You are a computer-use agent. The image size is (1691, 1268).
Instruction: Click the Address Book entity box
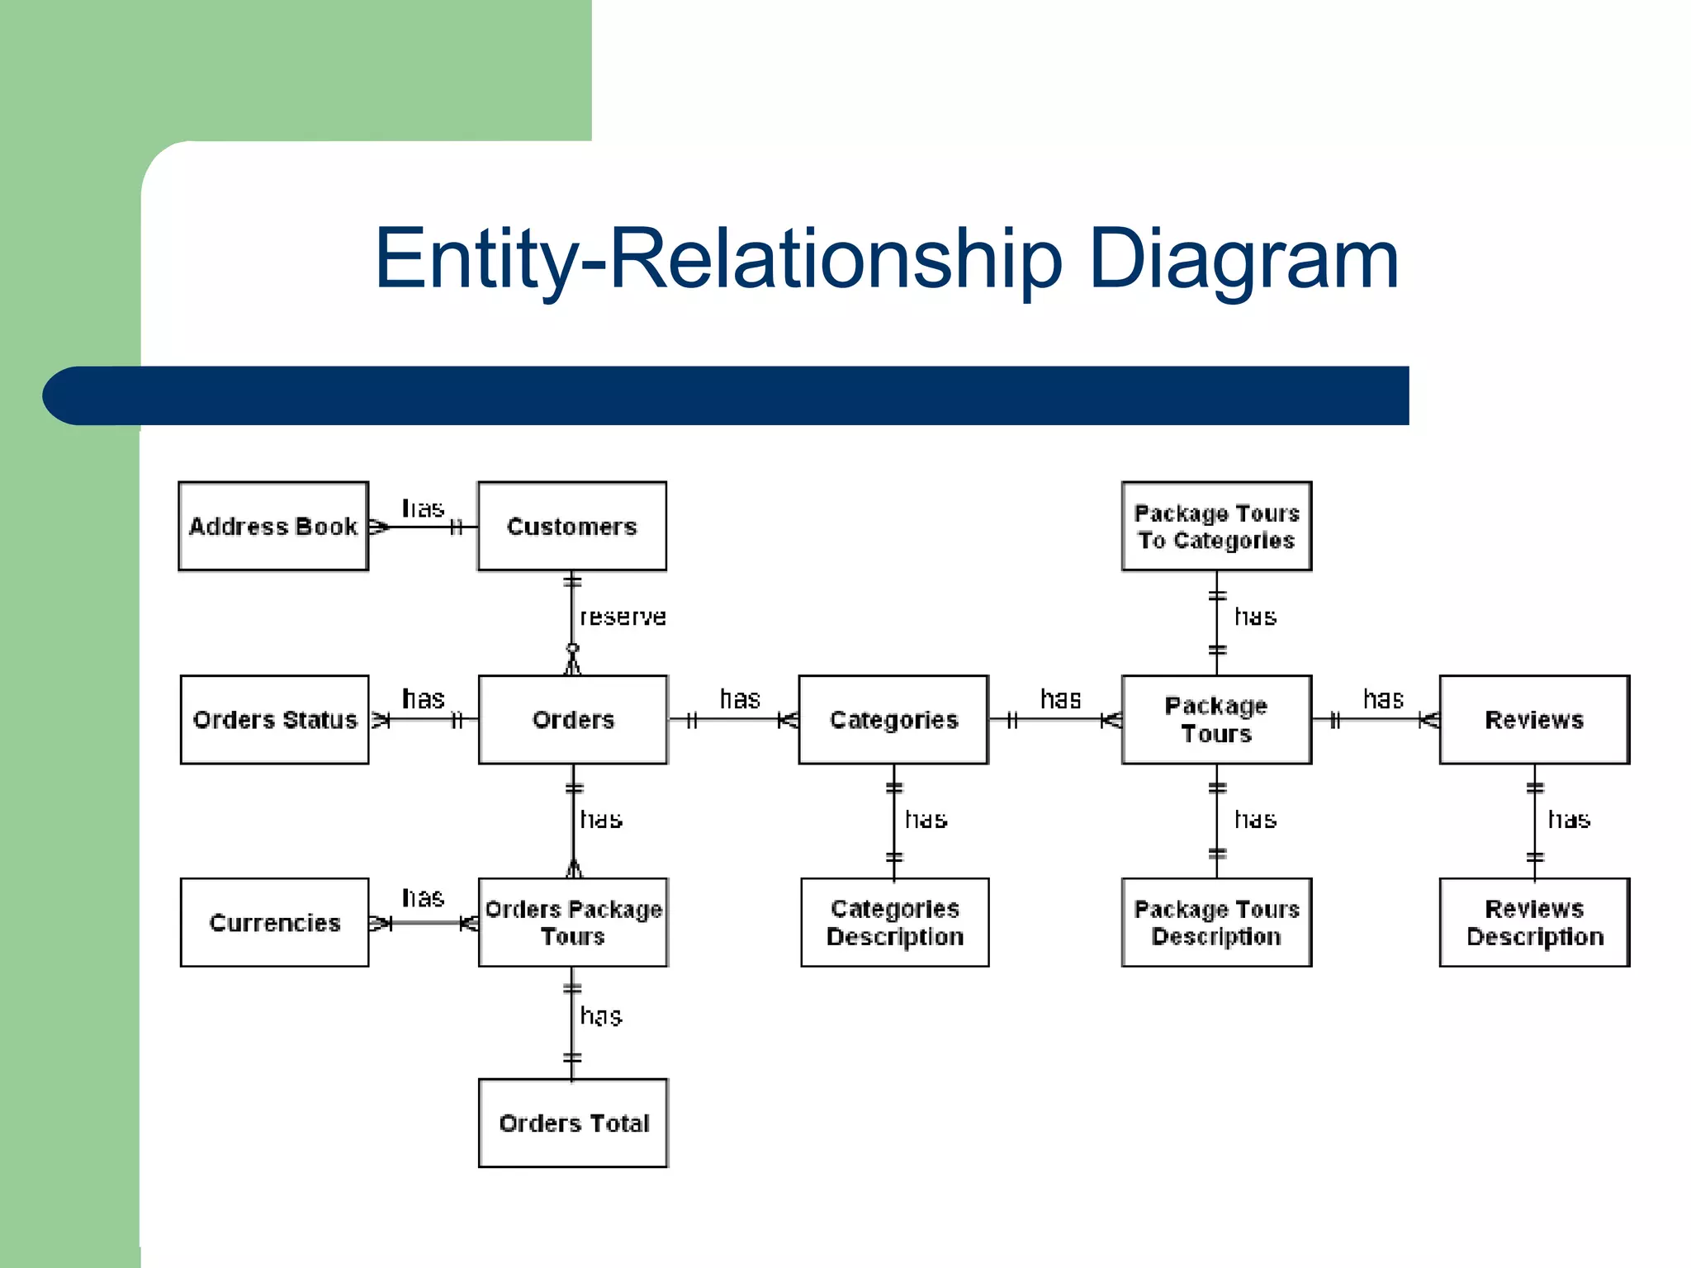tap(273, 526)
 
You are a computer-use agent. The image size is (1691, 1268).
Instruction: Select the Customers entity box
tap(572, 526)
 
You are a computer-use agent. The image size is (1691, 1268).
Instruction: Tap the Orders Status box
tap(274, 720)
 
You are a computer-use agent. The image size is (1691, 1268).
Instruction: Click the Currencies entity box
tap(274, 922)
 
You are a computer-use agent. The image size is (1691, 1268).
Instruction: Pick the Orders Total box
tap(573, 1123)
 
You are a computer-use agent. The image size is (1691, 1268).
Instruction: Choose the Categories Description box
tap(894, 922)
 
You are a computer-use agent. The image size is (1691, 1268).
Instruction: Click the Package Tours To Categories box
tap(1216, 526)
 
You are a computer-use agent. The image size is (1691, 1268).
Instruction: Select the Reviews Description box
tap(1534, 922)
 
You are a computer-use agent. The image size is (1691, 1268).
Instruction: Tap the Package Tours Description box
tap(1216, 922)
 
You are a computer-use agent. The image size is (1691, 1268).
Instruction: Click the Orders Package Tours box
tap(573, 922)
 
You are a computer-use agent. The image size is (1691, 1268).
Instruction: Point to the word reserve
tap(623, 617)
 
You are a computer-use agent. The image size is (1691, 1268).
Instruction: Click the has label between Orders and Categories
tap(740, 699)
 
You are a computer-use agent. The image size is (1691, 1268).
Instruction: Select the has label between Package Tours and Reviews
tap(1383, 699)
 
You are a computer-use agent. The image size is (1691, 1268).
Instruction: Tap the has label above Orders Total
tap(601, 1015)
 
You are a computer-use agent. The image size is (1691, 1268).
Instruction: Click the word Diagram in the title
tap(1243, 259)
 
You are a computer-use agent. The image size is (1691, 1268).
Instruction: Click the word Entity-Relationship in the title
tap(718, 259)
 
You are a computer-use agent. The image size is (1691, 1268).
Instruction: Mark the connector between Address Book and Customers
tap(423, 527)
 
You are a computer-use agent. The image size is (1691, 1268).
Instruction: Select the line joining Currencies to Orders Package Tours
tap(423, 923)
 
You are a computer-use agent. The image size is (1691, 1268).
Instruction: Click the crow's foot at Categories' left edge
tap(789, 721)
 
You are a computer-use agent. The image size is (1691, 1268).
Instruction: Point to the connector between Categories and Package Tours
tap(1055, 721)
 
